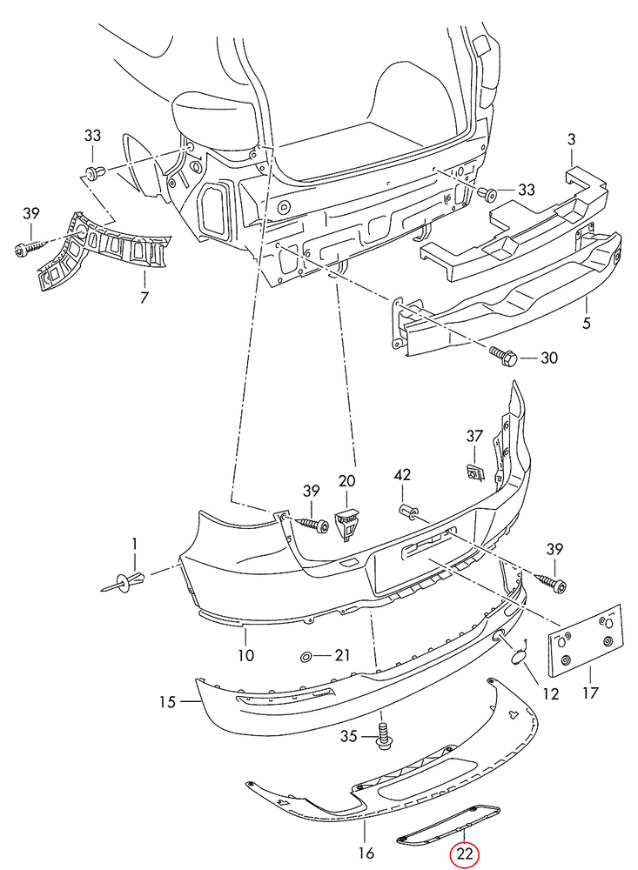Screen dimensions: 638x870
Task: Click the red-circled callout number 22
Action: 464,853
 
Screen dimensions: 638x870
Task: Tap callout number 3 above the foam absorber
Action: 572,139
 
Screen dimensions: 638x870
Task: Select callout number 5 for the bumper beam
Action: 587,323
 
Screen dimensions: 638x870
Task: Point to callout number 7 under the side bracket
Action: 144,298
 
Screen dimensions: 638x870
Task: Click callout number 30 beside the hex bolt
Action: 548,358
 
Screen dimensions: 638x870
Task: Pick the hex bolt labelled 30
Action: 503,355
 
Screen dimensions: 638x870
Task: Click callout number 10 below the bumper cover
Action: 245,655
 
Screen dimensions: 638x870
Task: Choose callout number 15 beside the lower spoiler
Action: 167,702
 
